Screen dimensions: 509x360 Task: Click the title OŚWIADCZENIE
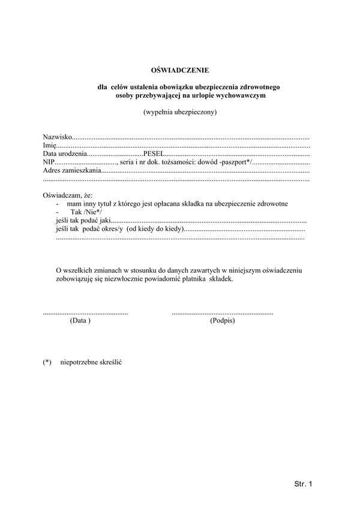tap(179, 70)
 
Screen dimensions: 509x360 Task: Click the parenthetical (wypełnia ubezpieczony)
tap(179, 112)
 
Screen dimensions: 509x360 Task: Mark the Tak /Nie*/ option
tap(86, 212)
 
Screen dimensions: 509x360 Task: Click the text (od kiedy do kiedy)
tap(155, 229)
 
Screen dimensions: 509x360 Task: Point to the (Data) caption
tap(80, 321)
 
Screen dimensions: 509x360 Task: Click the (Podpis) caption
tap(222, 321)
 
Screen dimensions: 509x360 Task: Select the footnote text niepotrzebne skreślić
tap(91, 363)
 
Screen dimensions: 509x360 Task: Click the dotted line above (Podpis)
tap(222, 314)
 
